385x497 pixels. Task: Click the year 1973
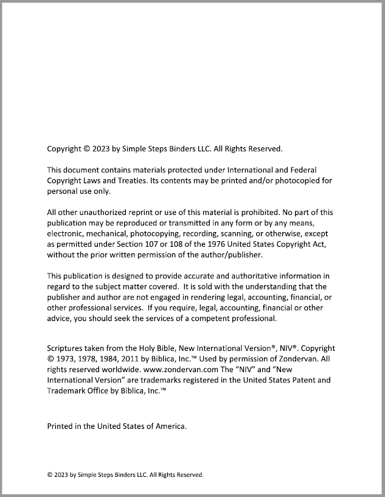(66, 359)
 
